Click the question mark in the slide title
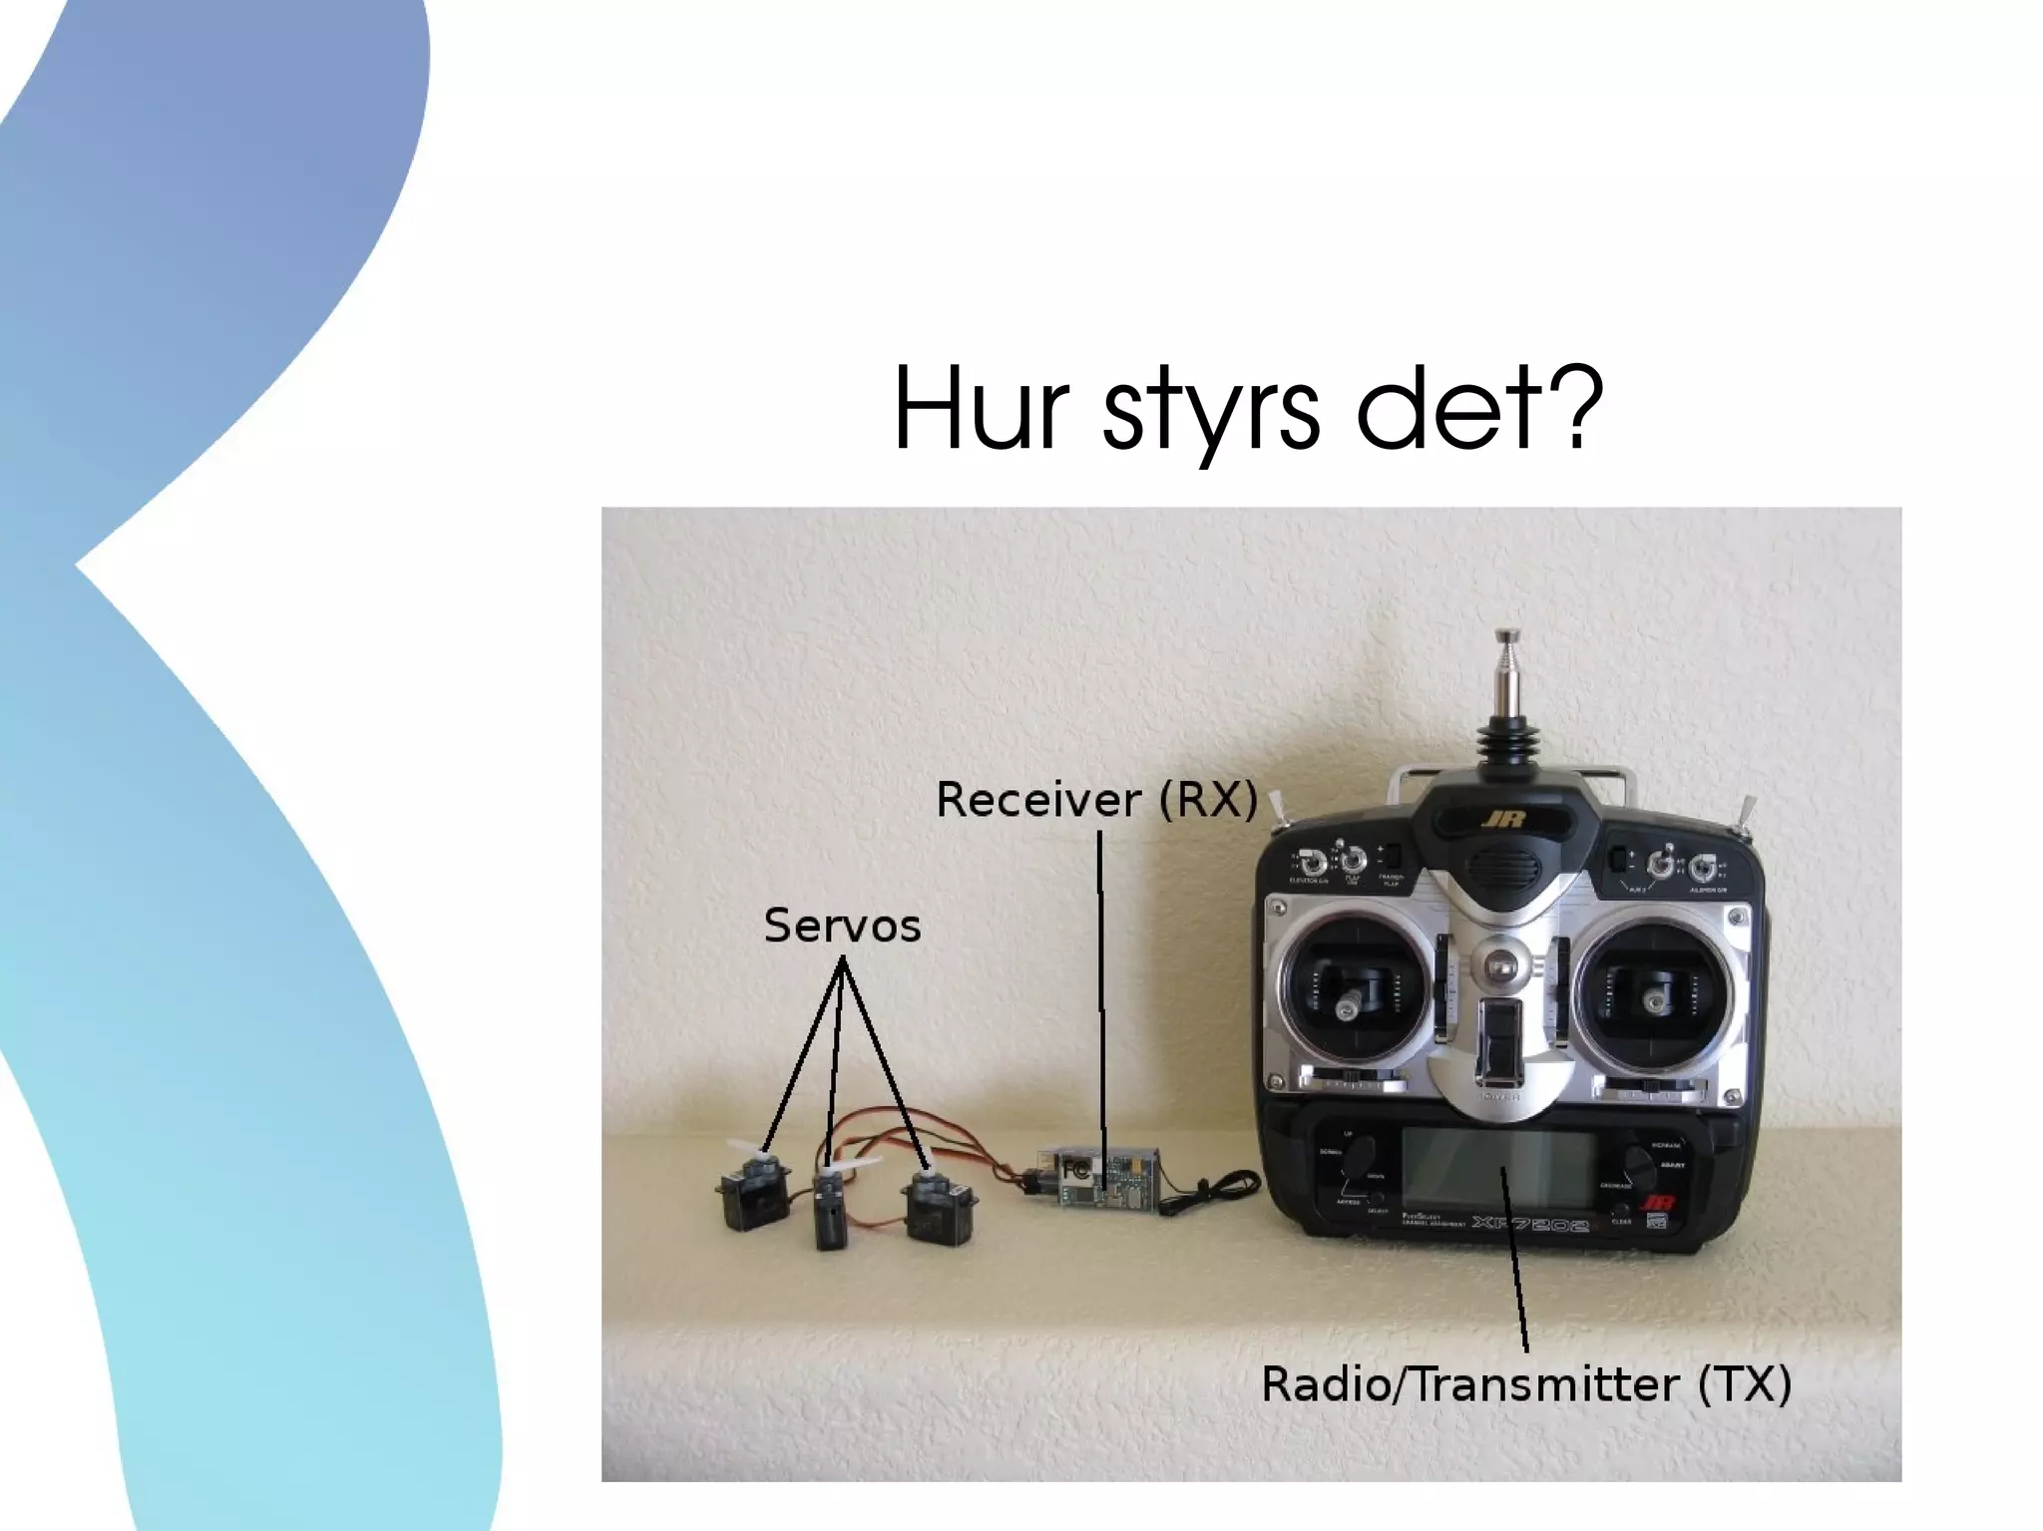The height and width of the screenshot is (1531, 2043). point(1575,405)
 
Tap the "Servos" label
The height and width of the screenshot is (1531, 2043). point(842,926)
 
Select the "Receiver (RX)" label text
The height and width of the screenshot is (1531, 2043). point(1096,800)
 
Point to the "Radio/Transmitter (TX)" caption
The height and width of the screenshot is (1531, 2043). point(1526,1384)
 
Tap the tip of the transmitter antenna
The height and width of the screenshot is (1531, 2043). point(1507,635)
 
